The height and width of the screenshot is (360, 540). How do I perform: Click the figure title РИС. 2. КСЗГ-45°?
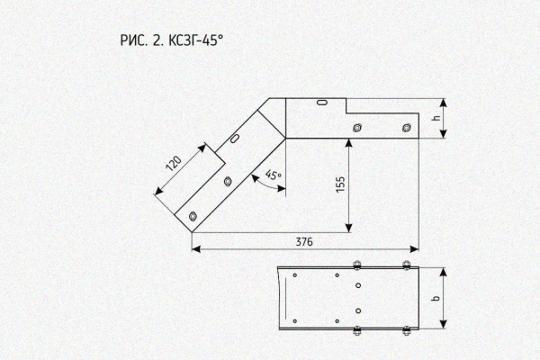click(x=172, y=40)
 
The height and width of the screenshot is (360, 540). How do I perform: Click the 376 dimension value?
click(x=304, y=242)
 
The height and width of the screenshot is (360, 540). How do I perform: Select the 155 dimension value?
click(x=340, y=184)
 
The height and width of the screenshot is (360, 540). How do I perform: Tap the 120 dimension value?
click(x=174, y=164)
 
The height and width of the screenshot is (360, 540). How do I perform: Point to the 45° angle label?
click(x=274, y=175)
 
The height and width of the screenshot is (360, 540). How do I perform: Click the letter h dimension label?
click(x=436, y=118)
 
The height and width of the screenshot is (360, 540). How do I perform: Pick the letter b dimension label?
click(x=436, y=298)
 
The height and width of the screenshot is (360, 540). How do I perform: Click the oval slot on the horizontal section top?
click(x=322, y=102)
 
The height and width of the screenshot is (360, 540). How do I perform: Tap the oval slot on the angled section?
click(x=235, y=138)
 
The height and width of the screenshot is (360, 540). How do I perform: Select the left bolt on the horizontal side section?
click(x=357, y=128)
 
